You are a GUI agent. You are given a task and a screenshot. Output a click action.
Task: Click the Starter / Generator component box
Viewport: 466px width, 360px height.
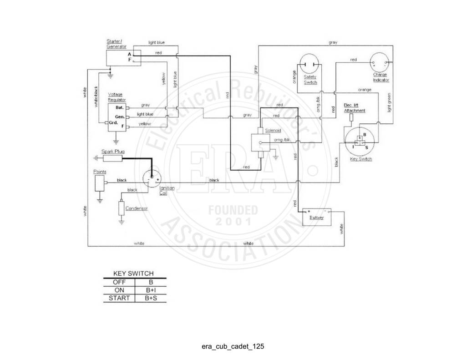[x=124, y=58]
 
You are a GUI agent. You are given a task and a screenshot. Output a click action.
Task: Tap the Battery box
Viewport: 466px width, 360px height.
[x=317, y=217]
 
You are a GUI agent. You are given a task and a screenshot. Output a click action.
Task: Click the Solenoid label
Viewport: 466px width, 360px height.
[x=273, y=131]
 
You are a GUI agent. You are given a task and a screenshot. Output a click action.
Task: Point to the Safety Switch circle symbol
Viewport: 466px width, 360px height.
[x=309, y=64]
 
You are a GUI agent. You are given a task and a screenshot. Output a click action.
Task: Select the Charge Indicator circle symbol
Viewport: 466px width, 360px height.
[x=379, y=62]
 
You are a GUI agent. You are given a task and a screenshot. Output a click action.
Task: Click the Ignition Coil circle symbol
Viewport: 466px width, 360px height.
[x=152, y=179]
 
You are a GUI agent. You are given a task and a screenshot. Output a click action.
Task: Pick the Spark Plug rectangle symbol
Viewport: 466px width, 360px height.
[x=112, y=158]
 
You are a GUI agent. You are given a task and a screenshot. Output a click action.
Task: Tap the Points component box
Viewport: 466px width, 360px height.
[x=99, y=183]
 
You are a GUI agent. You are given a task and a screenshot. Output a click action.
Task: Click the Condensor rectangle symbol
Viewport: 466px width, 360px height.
[x=121, y=208]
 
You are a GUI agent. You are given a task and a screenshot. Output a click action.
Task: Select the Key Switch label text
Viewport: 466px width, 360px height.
[x=361, y=159]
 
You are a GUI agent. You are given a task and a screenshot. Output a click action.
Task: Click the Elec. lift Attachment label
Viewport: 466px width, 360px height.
[x=354, y=108]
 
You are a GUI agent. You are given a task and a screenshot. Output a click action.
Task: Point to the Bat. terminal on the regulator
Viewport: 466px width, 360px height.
[x=120, y=107]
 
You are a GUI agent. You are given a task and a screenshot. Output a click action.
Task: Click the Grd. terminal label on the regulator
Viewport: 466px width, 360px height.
[x=113, y=122]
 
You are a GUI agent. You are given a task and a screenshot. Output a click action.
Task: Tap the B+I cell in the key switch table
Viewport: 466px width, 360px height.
[x=151, y=290]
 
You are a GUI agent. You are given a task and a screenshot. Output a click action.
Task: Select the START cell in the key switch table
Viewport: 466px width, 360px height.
[x=119, y=298]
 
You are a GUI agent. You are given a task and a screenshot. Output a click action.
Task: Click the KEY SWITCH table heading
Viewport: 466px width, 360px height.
[x=133, y=274]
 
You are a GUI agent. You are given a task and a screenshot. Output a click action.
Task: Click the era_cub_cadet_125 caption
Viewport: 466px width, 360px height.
[x=233, y=346]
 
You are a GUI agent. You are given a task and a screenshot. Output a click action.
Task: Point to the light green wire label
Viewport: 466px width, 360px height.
[x=389, y=102]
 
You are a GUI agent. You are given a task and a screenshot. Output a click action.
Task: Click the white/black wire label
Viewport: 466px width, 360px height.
[x=96, y=96]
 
